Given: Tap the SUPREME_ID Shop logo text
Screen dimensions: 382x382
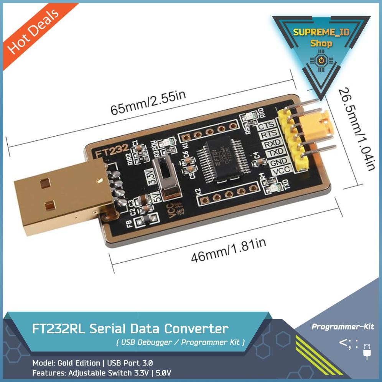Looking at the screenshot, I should [x=321, y=37].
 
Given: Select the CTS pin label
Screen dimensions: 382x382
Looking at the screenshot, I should [x=266, y=125].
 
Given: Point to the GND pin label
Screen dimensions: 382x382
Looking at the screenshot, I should [x=278, y=162].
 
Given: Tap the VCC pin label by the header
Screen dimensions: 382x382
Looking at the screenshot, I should [x=283, y=171].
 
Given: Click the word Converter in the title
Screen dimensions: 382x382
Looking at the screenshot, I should [x=196, y=329].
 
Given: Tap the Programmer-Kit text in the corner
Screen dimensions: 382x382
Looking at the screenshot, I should [x=342, y=327].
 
